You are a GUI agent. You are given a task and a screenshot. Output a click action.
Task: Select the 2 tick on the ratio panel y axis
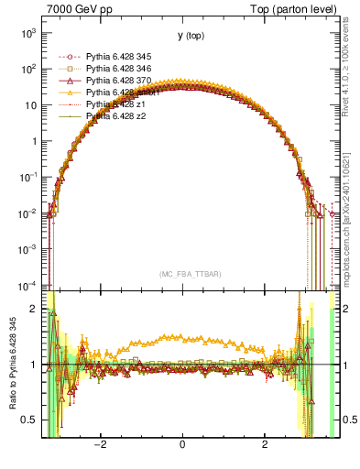35,309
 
